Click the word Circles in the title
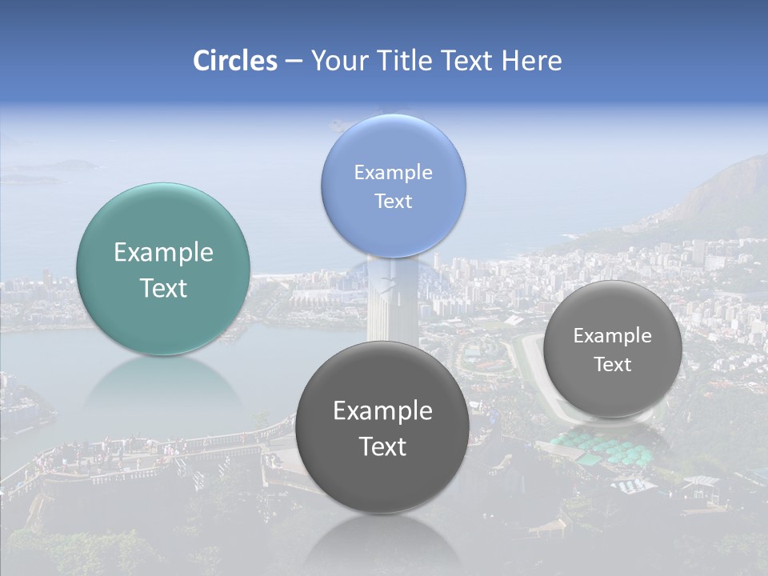235,61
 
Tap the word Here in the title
531,61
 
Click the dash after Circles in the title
294,62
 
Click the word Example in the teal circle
163,253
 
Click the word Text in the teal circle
163,288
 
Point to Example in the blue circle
393,173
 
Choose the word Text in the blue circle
393,201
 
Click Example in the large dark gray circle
382,411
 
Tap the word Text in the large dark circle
382,446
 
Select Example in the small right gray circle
613,336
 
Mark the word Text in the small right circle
613,365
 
